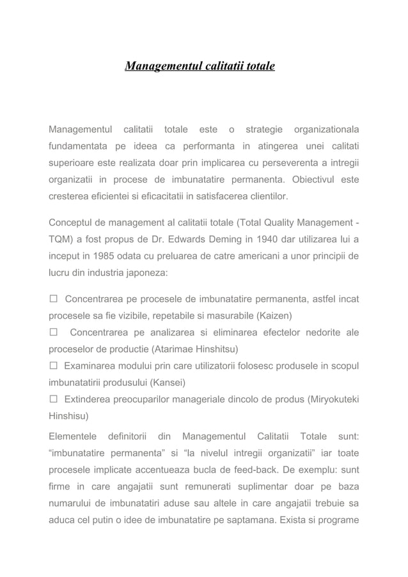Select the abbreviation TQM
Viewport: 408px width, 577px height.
click(x=60, y=240)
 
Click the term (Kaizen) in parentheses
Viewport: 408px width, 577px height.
click(x=278, y=316)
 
